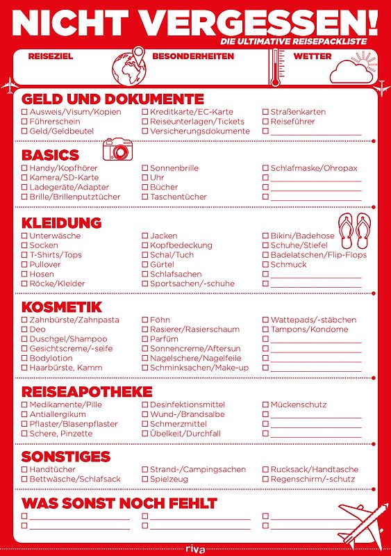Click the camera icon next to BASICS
[x=117, y=149]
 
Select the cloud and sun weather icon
[x=352, y=69]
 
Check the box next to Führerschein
[x=25, y=122]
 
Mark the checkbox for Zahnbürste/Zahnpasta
[x=25, y=320]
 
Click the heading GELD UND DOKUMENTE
[x=113, y=99]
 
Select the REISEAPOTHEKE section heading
[x=87, y=391]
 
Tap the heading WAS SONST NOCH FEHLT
[x=119, y=502]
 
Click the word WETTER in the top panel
[x=313, y=56]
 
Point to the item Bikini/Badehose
[x=302, y=236]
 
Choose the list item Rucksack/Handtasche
[x=314, y=470]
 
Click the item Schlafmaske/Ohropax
[x=313, y=168]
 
